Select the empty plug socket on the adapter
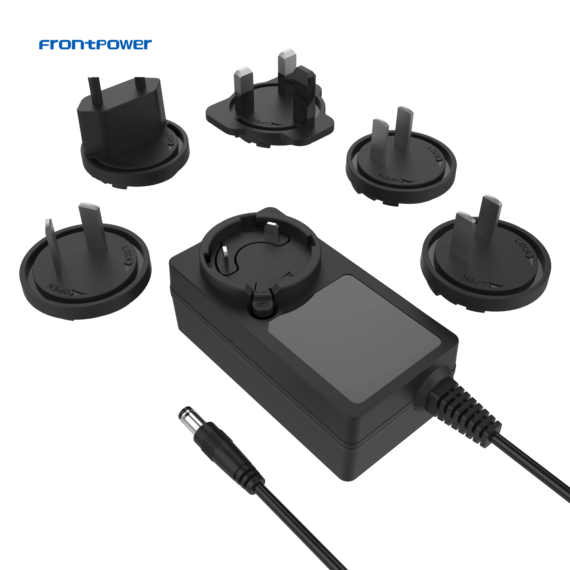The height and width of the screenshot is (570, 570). [x=260, y=254]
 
